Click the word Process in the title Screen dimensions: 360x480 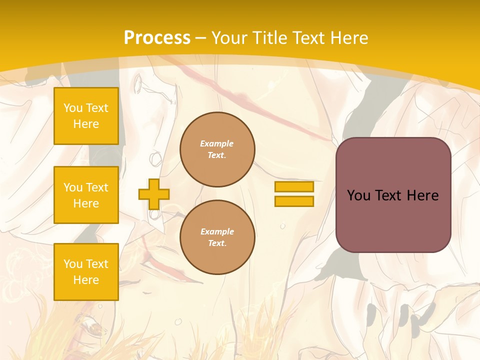(157, 38)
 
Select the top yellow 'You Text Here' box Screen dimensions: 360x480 (86, 116)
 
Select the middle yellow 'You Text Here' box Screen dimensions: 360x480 (86, 195)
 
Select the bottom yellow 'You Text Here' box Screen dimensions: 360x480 (86, 272)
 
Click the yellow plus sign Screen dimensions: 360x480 (153, 194)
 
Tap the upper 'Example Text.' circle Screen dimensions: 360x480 (217, 149)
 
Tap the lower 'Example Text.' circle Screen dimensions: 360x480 (217, 237)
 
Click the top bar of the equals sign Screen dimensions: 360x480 (294, 186)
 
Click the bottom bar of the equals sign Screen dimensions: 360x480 (294, 201)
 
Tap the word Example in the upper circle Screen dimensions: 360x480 (217, 143)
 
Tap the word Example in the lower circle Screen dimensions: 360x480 (217, 231)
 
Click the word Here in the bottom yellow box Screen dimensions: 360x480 (86, 280)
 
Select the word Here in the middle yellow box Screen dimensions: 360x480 (86, 203)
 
